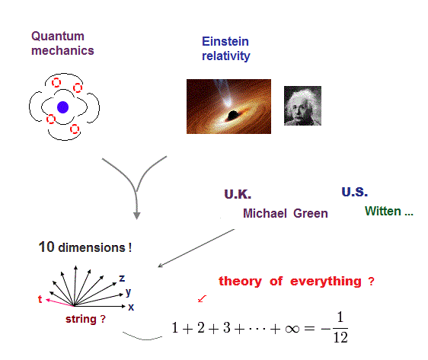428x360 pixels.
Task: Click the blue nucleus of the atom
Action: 62,107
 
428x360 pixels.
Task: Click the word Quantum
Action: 58,36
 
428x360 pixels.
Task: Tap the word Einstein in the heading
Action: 225,41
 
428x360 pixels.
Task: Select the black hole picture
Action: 228,107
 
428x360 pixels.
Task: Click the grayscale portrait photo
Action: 302,106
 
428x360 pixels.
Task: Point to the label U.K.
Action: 238,194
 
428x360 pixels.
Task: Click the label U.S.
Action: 355,192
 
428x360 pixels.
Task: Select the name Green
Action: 311,213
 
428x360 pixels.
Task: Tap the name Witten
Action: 383,211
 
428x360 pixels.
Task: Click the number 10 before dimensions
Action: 46,247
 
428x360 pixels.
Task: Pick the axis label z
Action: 122,279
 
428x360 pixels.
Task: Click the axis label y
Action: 128,292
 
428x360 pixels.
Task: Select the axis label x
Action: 131,307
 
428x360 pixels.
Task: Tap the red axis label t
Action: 40,299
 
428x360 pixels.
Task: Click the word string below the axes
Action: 81,319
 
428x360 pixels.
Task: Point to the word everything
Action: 326,281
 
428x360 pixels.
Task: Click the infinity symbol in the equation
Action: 292,329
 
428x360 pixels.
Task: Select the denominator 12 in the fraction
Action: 340,338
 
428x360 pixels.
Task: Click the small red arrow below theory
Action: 202,298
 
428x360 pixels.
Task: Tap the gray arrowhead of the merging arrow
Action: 137,215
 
